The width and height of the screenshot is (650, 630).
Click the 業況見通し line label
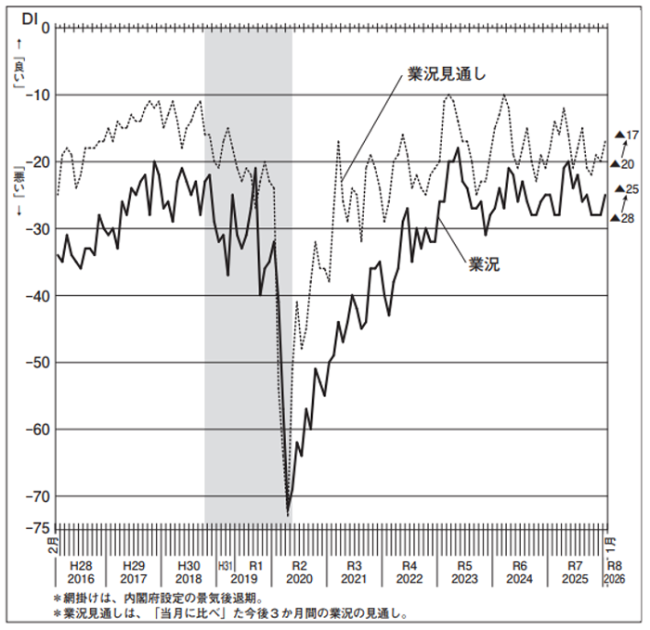pos(447,73)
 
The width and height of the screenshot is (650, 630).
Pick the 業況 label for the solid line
pos(484,264)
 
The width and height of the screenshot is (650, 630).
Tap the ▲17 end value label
pos(627,135)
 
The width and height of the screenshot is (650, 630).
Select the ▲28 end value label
pos(627,218)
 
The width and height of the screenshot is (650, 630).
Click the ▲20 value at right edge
pos(627,164)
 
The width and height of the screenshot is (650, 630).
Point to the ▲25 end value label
pos(627,189)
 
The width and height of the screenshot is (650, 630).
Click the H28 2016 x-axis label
pos(81,572)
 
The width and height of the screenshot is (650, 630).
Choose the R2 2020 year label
pos(299,572)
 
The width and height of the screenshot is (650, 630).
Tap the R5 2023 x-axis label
pos(464,572)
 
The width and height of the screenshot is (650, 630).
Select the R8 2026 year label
pos(615,572)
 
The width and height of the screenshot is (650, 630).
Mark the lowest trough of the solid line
pos(288,513)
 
